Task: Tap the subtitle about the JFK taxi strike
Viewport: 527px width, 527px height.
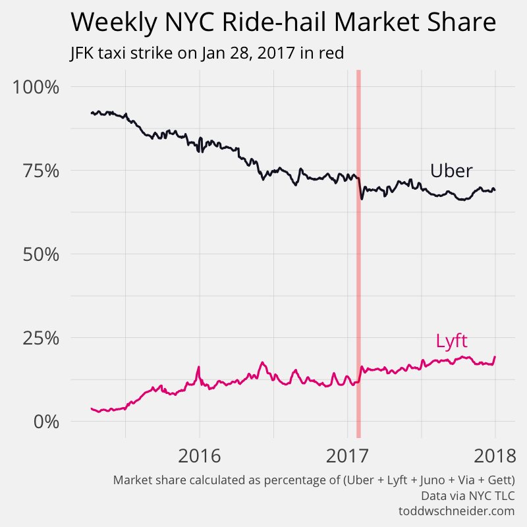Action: pyautogui.click(x=206, y=53)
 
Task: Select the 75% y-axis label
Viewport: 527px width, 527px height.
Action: pyautogui.click(x=42, y=171)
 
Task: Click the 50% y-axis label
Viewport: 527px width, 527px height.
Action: pyautogui.click(x=42, y=254)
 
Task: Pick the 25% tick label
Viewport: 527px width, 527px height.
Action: pyautogui.click(x=42, y=338)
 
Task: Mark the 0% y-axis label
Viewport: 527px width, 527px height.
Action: pyautogui.click(x=46, y=421)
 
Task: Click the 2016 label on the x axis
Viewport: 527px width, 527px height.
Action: pyautogui.click(x=200, y=456)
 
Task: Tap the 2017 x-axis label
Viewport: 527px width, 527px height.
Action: pyautogui.click(x=347, y=456)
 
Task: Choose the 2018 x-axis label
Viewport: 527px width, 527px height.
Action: pyautogui.click(x=495, y=456)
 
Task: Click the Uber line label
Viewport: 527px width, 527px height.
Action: pyautogui.click(x=451, y=171)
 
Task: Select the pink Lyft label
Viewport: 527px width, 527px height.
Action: pyautogui.click(x=452, y=341)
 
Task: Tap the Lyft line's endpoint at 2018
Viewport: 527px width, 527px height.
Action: pyautogui.click(x=495, y=357)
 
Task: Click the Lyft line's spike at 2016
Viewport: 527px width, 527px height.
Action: pyautogui.click(x=198, y=367)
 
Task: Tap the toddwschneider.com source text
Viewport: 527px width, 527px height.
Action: pyautogui.click(x=456, y=511)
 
